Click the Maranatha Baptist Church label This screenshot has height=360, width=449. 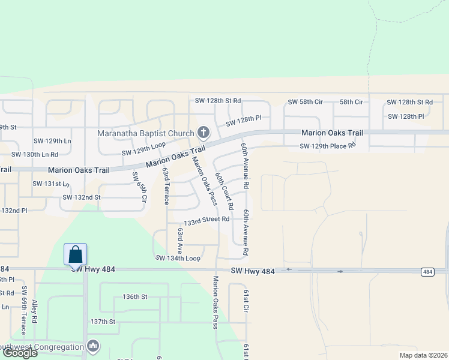pyautogui.click(x=146, y=133)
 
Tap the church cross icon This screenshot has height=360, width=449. pyautogui.click(x=203, y=133)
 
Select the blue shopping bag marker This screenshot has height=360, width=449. pyautogui.click(x=76, y=254)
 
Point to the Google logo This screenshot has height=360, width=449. pyautogui.click(x=20, y=353)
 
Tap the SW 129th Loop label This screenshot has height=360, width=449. pyautogui.click(x=143, y=149)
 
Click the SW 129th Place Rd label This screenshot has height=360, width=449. pyautogui.click(x=328, y=146)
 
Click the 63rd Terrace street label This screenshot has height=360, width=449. pyautogui.click(x=166, y=186)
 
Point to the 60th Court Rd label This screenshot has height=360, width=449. pyautogui.click(x=224, y=191)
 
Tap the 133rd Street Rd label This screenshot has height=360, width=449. pyautogui.click(x=206, y=220)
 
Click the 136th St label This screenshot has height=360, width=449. pyautogui.click(x=135, y=296)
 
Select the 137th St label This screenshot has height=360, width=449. pyautogui.click(x=103, y=322)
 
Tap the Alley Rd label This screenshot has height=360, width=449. pyautogui.click(x=35, y=312)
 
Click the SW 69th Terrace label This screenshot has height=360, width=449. pyautogui.click(x=24, y=310)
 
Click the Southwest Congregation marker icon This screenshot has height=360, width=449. pyautogui.click(x=93, y=346)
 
